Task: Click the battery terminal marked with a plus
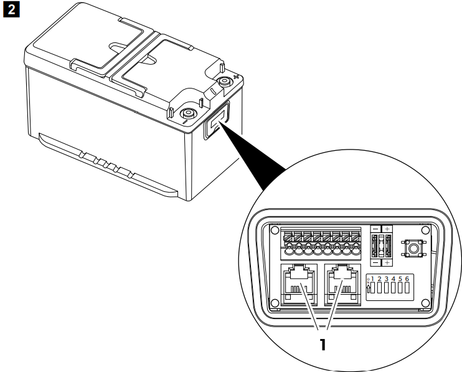(x=224, y=82)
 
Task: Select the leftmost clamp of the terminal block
(x=287, y=239)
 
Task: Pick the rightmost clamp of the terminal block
(x=356, y=239)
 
